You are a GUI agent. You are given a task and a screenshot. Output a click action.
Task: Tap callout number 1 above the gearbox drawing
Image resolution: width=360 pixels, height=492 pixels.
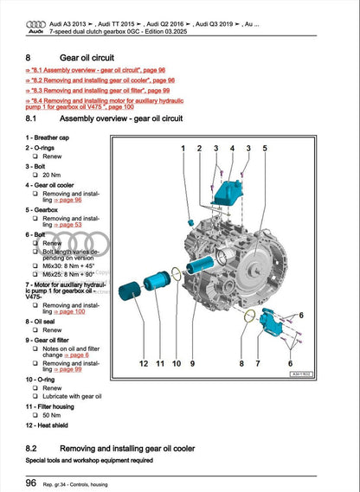pos(184,149)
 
